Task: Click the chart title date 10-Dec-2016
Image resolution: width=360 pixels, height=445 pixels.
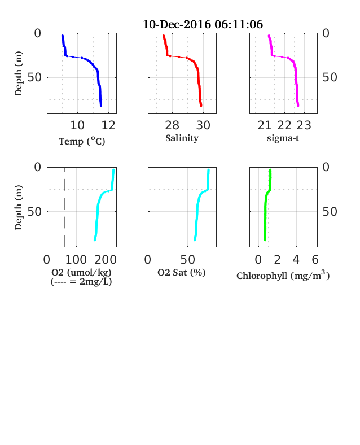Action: (x=177, y=24)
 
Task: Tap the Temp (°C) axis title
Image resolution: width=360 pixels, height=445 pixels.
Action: (x=82, y=141)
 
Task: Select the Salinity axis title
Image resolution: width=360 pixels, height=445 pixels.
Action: (x=182, y=138)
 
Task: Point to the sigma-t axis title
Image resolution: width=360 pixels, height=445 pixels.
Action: (x=283, y=138)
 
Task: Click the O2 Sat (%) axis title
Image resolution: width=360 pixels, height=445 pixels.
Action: (x=182, y=272)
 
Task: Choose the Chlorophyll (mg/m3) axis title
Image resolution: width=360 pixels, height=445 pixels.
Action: (x=283, y=276)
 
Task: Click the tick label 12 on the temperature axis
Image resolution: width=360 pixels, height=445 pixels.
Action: (x=108, y=125)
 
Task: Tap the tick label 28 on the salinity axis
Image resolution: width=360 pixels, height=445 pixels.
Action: (x=172, y=125)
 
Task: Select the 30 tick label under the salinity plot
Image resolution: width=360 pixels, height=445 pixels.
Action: (x=203, y=125)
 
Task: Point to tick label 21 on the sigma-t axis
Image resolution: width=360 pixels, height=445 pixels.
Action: (x=265, y=125)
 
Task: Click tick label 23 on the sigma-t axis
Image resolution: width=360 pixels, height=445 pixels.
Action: (x=304, y=125)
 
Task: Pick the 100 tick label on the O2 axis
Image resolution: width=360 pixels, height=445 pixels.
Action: (x=76, y=260)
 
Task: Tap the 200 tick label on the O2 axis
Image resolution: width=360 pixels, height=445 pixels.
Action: (x=106, y=260)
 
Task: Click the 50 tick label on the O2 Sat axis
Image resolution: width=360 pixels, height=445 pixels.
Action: (x=187, y=260)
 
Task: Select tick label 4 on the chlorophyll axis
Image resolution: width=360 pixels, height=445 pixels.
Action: (x=296, y=260)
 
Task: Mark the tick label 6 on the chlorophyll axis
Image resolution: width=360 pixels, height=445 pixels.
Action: (x=315, y=260)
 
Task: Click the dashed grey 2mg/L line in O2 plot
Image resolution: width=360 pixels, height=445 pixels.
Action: (x=65, y=207)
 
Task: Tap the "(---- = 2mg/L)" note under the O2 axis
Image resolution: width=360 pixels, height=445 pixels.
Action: (x=81, y=282)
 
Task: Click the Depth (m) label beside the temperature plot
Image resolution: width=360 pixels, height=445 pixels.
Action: (x=18, y=73)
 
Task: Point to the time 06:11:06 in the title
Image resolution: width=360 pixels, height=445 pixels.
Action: (x=239, y=24)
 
